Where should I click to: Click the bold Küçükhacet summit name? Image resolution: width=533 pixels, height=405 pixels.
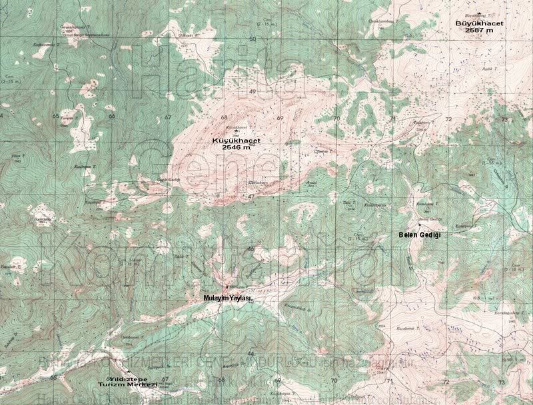236,141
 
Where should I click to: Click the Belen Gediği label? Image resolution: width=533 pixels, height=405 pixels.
420,236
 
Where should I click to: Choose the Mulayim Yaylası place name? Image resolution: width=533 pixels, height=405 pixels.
227,299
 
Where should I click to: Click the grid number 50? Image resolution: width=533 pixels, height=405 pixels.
253,39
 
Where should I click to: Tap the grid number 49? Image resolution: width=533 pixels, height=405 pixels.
253,91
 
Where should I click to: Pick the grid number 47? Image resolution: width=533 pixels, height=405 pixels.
251,197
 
